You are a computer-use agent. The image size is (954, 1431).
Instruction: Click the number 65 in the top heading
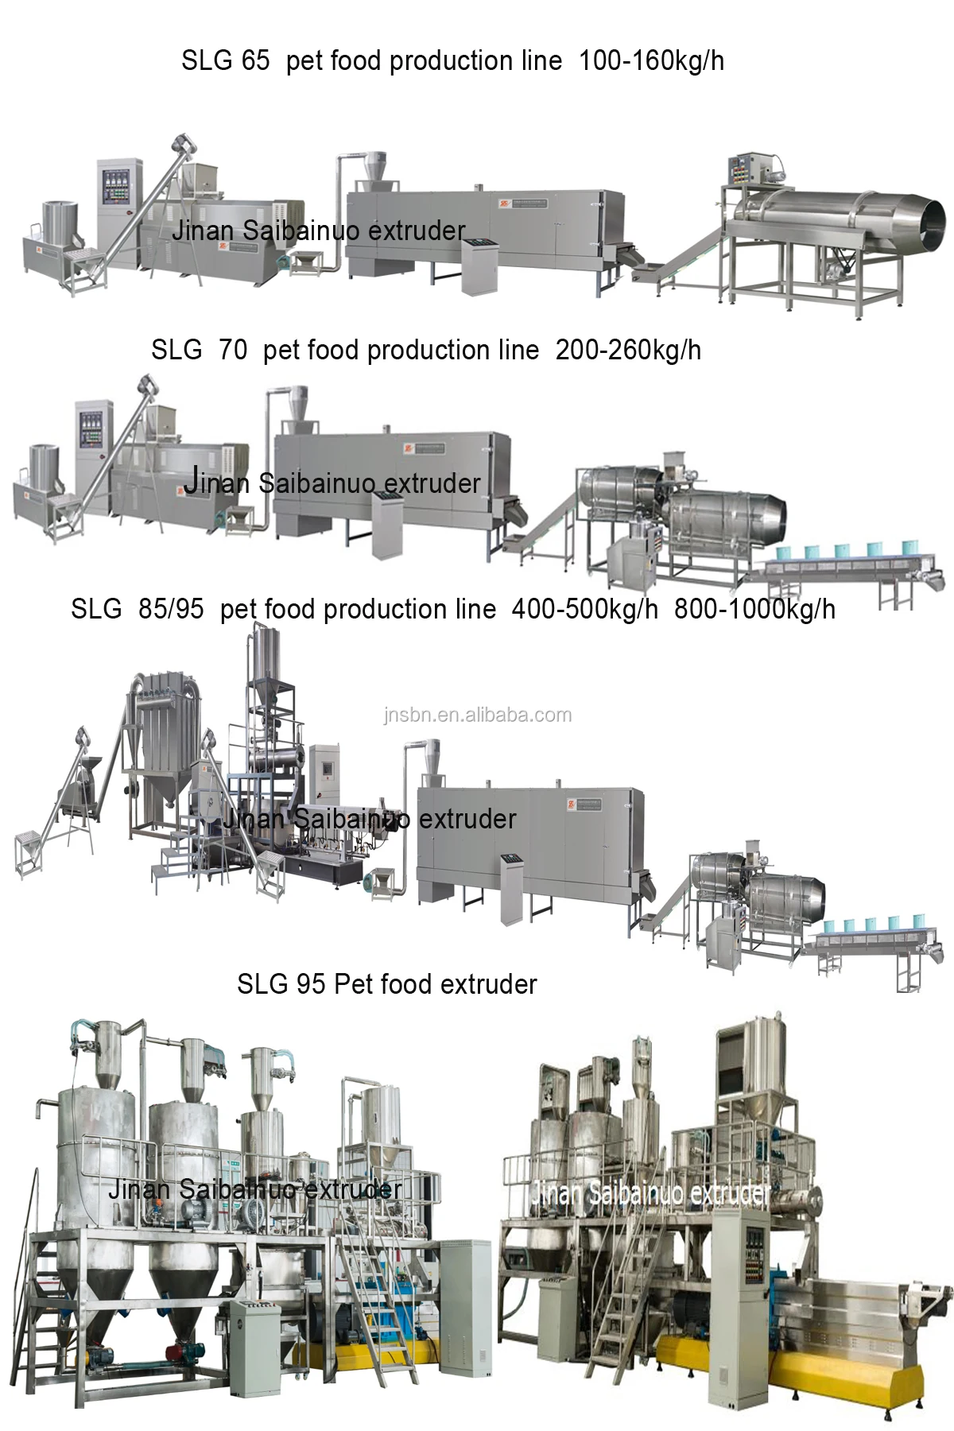(251, 60)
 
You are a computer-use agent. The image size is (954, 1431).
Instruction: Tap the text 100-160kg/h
(651, 60)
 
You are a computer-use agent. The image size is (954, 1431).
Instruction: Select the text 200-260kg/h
(628, 350)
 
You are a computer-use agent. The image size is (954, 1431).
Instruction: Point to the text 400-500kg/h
(585, 609)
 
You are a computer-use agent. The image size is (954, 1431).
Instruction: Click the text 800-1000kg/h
(754, 609)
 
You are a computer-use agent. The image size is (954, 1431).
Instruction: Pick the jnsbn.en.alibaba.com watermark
(477, 715)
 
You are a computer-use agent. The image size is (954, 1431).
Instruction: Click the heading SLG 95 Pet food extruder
(386, 984)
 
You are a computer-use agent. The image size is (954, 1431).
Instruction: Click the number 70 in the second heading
(232, 350)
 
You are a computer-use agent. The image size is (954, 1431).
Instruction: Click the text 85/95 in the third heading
(171, 609)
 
